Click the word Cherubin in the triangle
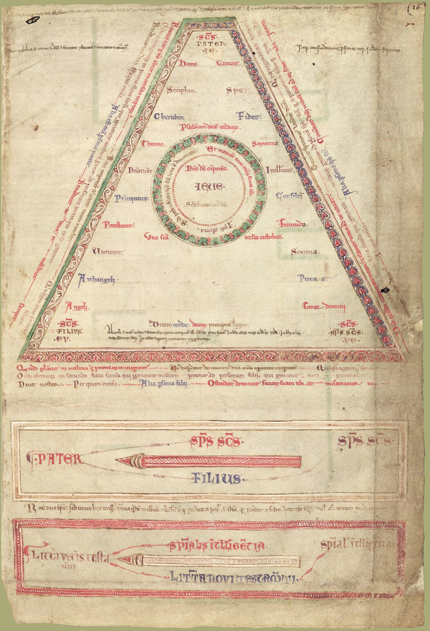(169, 117)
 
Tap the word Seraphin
(181, 90)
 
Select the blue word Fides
(248, 117)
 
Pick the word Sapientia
(265, 144)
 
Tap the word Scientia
(305, 252)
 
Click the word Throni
(153, 144)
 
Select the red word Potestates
(118, 225)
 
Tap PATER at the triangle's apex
(211, 44)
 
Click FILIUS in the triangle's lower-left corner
(69, 331)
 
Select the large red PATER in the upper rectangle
(55, 459)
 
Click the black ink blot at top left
(32, 20)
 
